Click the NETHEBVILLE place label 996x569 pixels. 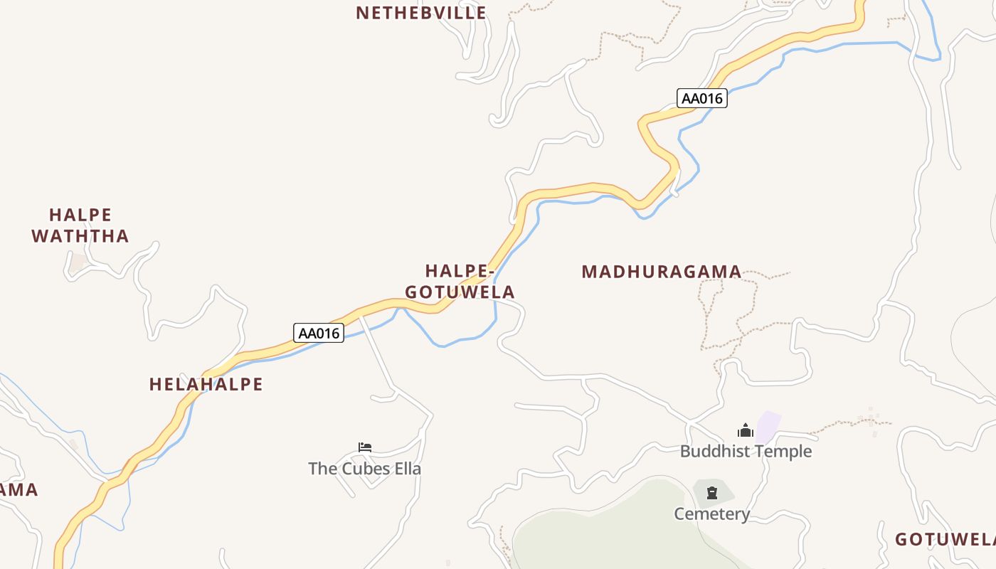pos(421,13)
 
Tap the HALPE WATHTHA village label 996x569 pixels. pos(80,225)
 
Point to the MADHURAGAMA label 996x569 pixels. pos(662,272)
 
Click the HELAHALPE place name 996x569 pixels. pos(206,385)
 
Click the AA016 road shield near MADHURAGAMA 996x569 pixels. pos(701,99)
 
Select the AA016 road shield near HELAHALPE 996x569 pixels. pos(319,333)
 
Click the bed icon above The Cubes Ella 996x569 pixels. pos(365,447)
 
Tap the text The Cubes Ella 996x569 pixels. pos(364,469)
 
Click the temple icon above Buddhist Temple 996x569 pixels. pos(746,430)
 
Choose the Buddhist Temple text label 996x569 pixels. pos(746,452)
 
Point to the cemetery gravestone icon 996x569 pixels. pos(712,493)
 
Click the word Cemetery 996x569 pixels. pos(712,514)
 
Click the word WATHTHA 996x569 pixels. pos(80,236)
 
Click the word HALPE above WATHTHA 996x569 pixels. pos(80,215)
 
